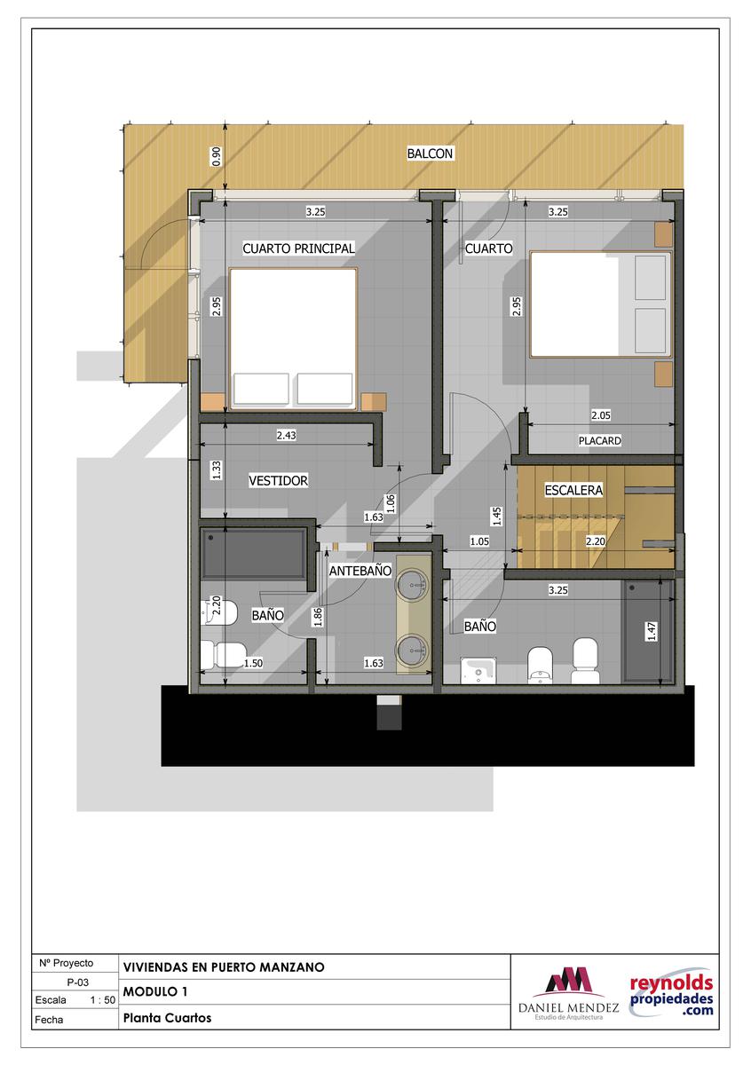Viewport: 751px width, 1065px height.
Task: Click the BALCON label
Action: tap(430, 154)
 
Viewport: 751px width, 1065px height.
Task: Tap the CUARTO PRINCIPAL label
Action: tap(298, 248)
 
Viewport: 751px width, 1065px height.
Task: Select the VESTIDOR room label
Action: tap(278, 480)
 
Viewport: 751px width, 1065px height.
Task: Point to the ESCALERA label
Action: tap(573, 490)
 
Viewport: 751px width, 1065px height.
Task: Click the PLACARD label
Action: tap(600, 441)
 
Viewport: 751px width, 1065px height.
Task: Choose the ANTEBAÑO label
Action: tap(360, 571)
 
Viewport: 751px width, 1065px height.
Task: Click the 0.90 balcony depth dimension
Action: tap(217, 156)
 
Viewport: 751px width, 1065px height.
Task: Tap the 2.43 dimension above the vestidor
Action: tap(287, 435)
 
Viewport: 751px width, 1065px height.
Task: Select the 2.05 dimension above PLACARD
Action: tap(601, 415)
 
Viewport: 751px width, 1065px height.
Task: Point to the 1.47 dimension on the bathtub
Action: tap(652, 631)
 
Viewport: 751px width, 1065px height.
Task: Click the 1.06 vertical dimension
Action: tap(391, 503)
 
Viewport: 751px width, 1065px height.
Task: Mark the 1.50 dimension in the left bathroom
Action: tap(253, 663)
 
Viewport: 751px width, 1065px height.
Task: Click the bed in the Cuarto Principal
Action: tap(293, 339)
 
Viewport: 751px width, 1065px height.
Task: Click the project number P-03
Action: tap(77, 982)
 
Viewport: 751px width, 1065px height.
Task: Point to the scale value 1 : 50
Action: tap(103, 1000)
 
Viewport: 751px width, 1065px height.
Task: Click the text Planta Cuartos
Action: tap(168, 1018)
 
